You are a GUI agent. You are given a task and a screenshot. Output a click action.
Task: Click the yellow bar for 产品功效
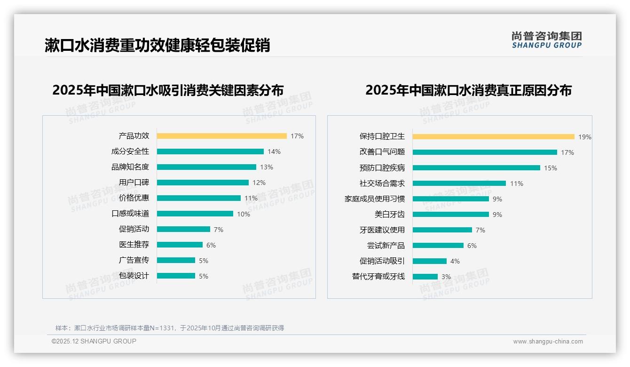click(x=221, y=136)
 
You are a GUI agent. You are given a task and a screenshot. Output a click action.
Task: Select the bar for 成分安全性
click(x=210, y=152)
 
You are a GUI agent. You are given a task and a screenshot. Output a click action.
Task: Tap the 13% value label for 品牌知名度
click(x=267, y=167)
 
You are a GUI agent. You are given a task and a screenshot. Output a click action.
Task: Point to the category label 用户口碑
click(x=134, y=182)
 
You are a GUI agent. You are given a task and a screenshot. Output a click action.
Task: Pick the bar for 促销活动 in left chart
click(x=183, y=229)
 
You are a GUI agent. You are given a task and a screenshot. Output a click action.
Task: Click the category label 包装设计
click(x=134, y=276)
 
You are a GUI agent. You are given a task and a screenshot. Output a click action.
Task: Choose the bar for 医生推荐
click(x=180, y=245)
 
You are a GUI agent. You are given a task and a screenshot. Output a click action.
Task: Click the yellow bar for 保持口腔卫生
click(x=493, y=137)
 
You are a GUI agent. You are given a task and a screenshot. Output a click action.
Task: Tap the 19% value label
click(x=585, y=137)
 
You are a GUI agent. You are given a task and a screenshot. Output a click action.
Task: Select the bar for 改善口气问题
click(x=485, y=152)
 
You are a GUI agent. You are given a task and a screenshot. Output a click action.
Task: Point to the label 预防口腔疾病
click(x=382, y=168)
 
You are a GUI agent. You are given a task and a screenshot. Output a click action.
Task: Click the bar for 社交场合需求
click(x=459, y=183)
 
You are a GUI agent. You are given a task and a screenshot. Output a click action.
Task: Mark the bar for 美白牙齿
click(x=451, y=215)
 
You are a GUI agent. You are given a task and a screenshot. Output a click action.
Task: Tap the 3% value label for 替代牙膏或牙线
click(x=446, y=277)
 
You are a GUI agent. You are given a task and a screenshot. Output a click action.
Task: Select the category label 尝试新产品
click(x=386, y=246)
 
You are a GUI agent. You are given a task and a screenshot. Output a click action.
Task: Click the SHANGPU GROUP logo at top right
click(x=546, y=40)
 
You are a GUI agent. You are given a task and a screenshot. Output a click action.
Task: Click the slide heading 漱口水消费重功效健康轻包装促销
click(x=157, y=45)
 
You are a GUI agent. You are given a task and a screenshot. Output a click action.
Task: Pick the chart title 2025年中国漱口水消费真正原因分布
click(x=468, y=90)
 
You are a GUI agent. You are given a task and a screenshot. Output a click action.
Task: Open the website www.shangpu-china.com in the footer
click(x=548, y=342)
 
